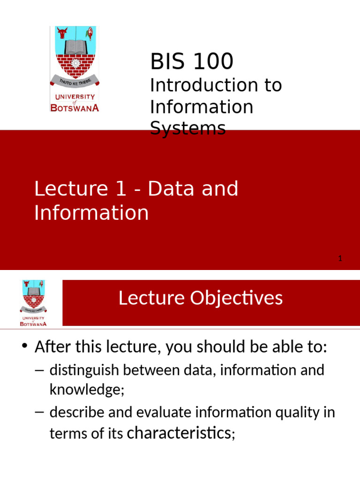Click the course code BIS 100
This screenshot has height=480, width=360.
click(x=192, y=61)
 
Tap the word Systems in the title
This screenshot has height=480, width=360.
click(x=188, y=128)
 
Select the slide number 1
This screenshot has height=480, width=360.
click(x=340, y=259)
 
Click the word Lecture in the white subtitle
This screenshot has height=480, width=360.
click(x=71, y=188)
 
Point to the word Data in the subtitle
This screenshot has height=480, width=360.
click(x=172, y=188)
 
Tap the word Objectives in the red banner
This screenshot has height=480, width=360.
click(x=236, y=298)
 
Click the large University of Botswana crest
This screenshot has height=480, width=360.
click(x=75, y=69)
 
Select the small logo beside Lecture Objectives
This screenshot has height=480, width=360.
click(x=33, y=303)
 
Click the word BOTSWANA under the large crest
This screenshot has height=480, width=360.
click(x=75, y=108)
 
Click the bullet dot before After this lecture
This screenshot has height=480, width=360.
click(x=24, y=346)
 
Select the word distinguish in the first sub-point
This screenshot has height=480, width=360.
click(x=84, y=371)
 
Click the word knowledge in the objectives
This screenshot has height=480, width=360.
click(x=87, y=390)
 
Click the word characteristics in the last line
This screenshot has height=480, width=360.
click(x=180, y=433)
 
